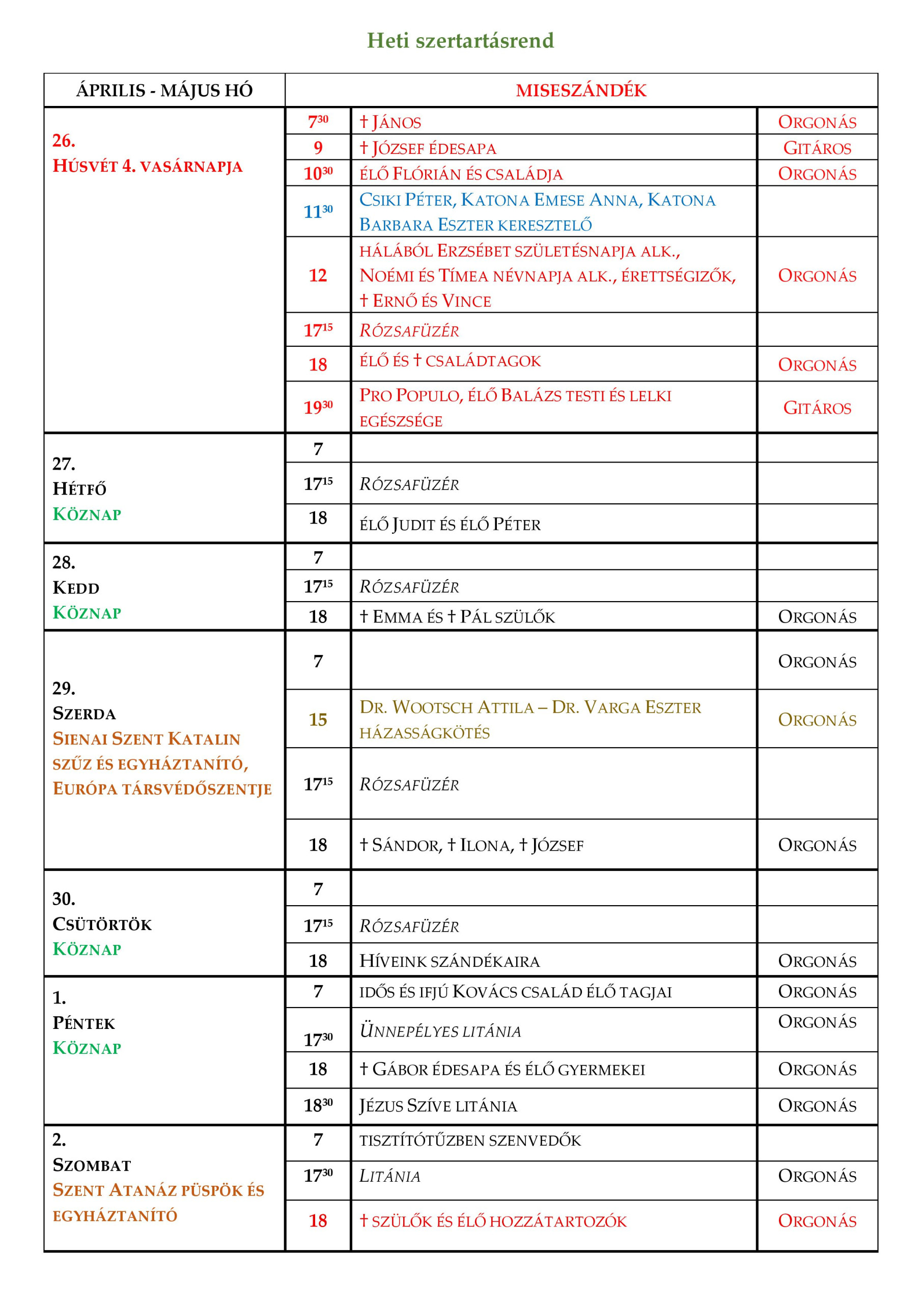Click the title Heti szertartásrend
point(460,40)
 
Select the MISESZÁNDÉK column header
point(581,90)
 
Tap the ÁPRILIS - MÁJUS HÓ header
point(164,90)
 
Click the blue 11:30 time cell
point(318,211)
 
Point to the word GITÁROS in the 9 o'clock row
point(817,148)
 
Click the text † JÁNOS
point(390,122)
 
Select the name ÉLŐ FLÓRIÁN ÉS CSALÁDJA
point(461,174)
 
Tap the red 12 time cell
point(318,276)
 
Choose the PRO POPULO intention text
point(515,408)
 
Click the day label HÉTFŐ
point(79,488)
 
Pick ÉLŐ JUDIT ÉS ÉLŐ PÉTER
point(450,524)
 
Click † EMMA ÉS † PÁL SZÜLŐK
point(457,617)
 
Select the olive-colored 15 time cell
point(318,720)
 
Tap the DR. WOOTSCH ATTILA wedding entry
point(529,719)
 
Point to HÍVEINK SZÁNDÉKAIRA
point(449,962)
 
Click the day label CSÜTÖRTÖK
point(102,924)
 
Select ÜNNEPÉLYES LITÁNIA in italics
point(440,1031)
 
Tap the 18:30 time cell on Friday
point(318,1106)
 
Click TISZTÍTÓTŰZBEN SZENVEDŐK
point(470,1140)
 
